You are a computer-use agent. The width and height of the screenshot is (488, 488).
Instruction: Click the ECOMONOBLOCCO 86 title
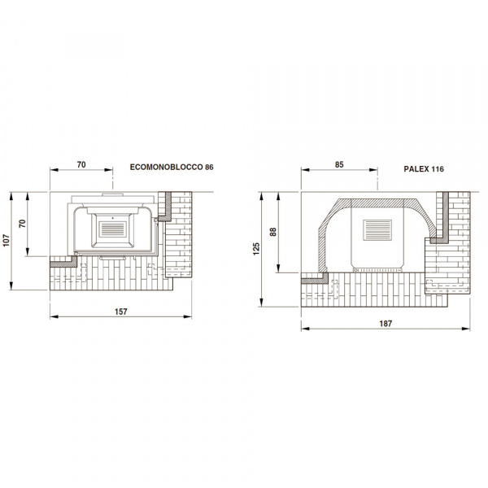click(172, 167)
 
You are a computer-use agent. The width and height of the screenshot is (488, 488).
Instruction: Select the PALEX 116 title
click(424, 169)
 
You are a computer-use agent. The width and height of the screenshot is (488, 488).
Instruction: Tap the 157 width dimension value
click(120, 312)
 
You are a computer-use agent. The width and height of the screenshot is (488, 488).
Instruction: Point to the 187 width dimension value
click(386, 324)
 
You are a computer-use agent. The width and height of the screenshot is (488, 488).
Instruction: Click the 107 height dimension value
click(7, 240)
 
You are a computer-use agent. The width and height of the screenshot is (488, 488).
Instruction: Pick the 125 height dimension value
click(256, 249)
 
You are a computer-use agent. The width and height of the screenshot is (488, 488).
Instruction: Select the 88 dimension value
click(273, 232)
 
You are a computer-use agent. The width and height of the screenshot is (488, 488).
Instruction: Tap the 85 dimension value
click(339, 164)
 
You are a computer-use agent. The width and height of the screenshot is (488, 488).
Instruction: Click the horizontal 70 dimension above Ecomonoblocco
click(81, 164)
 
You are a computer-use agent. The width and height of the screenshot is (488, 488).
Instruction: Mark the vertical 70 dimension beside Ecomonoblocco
click(23, 224)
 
